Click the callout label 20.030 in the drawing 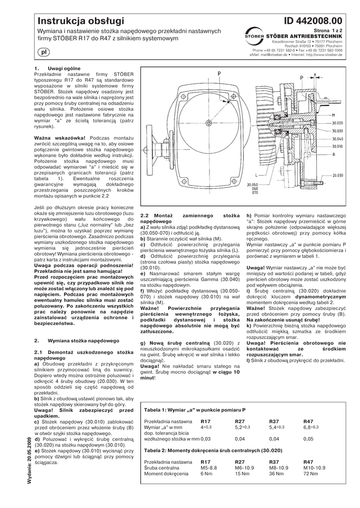[x=338, y=175]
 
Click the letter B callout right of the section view [x=334, y=154]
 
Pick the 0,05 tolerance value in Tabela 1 [x=308, y=439]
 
